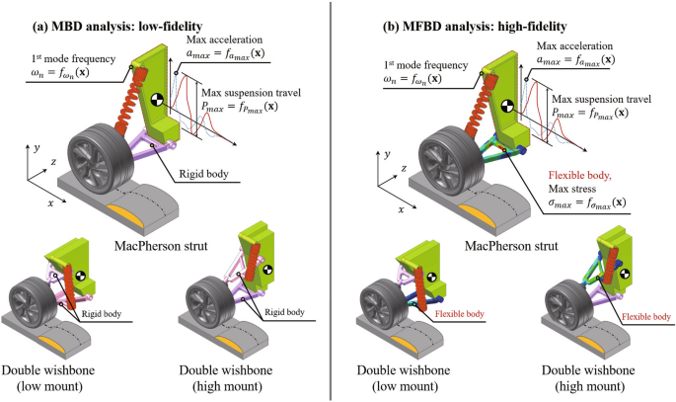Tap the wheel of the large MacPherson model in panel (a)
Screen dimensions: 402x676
tap(101, 152)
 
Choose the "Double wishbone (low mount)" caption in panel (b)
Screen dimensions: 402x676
tap(409, 379)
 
